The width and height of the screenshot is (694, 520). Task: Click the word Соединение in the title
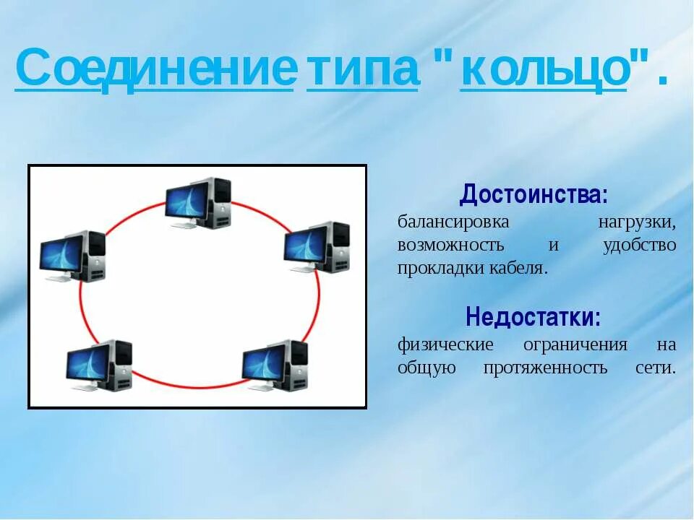[x=155, y=69]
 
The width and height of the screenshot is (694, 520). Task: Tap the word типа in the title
[x=362, y=69]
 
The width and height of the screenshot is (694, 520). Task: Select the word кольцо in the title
[x=544, y=69]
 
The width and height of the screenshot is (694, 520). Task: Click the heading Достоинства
[x=534, y=194]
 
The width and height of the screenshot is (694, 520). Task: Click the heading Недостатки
[x=533, y=316]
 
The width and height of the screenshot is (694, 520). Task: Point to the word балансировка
[x=453, y=222]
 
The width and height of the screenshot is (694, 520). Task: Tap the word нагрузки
[x=637, y=222]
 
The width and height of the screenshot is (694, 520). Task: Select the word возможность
[x=450, y=245]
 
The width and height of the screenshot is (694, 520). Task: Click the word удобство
[x=639, y=245]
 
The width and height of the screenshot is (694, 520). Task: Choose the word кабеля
[x=518, y=268]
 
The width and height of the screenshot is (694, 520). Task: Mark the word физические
[x=445, y=344]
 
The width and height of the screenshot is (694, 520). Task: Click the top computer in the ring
[x=198, y=203]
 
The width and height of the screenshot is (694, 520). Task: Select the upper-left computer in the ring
[x=72, y=256]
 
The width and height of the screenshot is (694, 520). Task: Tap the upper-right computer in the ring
[x=317, y=247]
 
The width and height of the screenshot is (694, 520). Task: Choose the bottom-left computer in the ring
[x=99, y=365]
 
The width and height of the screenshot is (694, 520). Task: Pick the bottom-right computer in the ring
[x=275, y=365]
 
